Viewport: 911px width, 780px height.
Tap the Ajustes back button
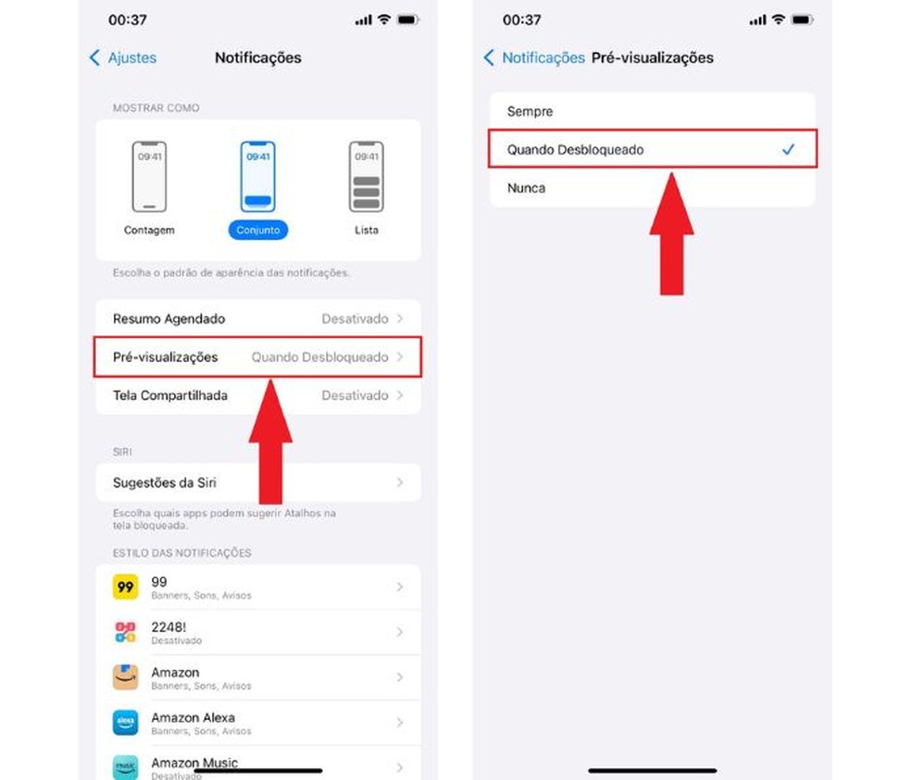(123, 57)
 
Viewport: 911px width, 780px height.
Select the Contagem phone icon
(149, 177)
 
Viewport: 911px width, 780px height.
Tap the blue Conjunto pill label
(258, 230)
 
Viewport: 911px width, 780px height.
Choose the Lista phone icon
(366, 177)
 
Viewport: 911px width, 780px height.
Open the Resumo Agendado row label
(169, 319)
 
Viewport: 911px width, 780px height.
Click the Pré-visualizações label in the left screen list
(166, 357)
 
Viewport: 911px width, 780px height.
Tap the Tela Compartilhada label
(170, 396)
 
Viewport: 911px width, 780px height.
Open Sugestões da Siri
(165, 483)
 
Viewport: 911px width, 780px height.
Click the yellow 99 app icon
(126, 587)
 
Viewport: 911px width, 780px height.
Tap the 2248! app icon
(126, 633)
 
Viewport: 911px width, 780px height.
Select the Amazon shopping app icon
(126, 677)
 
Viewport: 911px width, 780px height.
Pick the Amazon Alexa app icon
(126, 723)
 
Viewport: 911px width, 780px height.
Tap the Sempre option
(530, 111)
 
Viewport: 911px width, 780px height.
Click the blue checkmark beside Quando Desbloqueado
(789, 149)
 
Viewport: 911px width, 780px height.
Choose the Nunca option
(527, 188)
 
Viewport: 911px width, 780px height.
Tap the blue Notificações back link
(534, 57)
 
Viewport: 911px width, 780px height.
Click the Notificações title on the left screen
(258, 57)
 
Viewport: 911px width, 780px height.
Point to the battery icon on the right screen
(802, 19)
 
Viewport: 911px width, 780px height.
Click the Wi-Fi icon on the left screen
(384, 19)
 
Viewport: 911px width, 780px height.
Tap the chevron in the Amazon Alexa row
(400, 723)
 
